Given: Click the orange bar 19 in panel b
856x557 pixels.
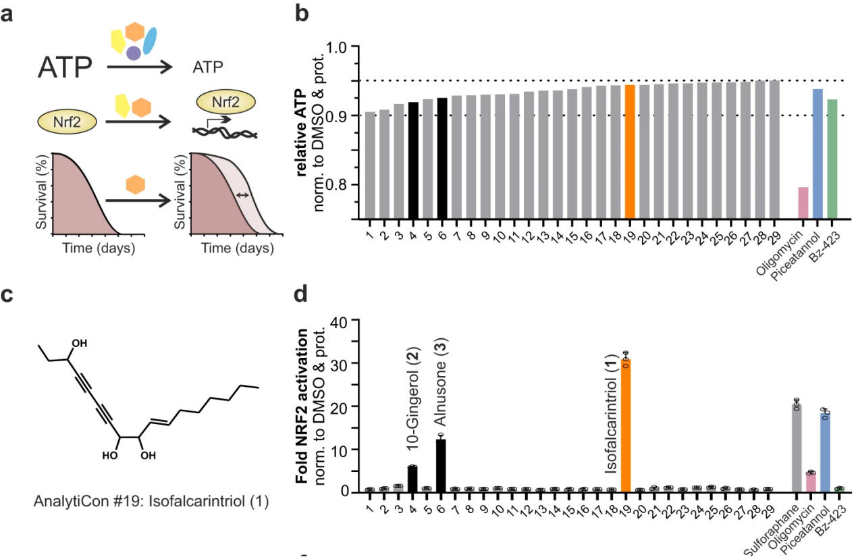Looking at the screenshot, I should (x=630, y=151).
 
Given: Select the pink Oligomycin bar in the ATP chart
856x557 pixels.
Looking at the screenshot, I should (x=803, y=203).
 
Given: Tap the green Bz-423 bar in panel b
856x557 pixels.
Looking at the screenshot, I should (x=832, y=159).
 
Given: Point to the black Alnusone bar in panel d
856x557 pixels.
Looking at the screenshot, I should (x=441, y=465).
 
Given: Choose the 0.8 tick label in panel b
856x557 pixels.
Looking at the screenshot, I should (x=345, y=185).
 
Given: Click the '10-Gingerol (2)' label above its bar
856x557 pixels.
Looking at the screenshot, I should (x=412, y=406).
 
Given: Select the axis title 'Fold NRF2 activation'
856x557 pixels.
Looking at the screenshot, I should (x=304, y=406).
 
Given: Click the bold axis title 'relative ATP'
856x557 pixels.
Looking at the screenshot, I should (x=302, y=132).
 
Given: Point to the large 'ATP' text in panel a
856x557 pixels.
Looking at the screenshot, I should (x=66, y=68).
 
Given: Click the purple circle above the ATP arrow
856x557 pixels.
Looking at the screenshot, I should (x=134, y=52).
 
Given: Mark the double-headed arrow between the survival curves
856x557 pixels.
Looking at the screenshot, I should (x=242, y=195).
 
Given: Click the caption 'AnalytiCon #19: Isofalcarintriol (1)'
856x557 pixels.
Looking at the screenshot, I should (x=151, y=502).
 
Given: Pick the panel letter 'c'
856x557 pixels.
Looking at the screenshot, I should (x=8, y=298).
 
